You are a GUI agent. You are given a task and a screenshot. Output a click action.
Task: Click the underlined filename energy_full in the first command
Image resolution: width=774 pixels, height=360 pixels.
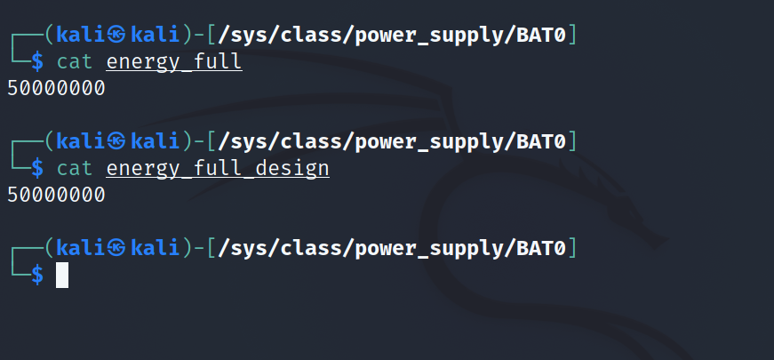coord(174,62)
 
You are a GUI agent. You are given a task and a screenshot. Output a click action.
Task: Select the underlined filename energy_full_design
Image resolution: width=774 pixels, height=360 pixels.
coord(218,168)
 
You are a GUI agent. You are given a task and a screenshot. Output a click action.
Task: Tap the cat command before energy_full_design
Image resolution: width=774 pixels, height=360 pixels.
coord(75,168)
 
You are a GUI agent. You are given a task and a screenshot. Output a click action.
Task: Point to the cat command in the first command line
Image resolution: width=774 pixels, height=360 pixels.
coord(75,62)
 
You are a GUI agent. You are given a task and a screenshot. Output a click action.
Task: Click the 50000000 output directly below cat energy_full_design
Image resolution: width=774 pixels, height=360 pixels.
coord(56,194)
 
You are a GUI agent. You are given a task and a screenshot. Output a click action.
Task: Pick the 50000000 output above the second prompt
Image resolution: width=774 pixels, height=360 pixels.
coord(56,88)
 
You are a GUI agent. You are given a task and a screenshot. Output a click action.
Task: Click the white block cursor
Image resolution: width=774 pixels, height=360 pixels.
coord(62,275)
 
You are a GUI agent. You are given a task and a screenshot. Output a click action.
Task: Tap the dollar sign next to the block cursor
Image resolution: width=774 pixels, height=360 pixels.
coord(36,275)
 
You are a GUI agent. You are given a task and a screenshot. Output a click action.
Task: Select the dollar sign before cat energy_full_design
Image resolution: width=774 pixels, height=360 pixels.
coord(36,168)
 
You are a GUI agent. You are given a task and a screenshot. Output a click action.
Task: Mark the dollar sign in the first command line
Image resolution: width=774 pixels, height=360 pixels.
coord(36,62)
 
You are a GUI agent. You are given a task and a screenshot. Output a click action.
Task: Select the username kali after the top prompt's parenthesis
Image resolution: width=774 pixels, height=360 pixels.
coord(80,36)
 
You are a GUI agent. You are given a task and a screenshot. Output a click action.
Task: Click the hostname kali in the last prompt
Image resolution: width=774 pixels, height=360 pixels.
coord(156,247)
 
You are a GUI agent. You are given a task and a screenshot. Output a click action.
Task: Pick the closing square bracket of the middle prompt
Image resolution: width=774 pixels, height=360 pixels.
coord(571,141)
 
